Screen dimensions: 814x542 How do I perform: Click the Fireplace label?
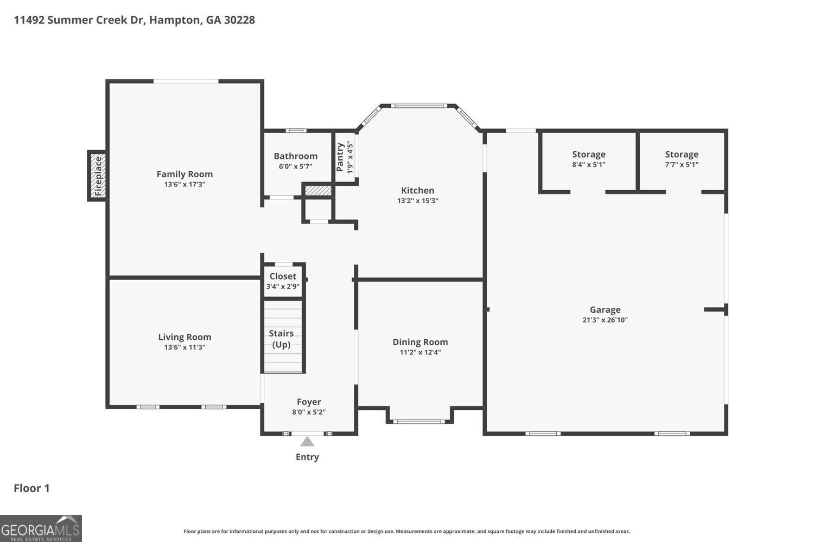coord(98,177)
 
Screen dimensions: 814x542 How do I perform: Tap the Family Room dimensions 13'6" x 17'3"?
coord(185,184)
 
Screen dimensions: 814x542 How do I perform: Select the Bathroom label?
coord(295,156)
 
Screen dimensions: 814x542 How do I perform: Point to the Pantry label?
coord(340,157)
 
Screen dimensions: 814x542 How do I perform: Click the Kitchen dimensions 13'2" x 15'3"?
coord(417,201)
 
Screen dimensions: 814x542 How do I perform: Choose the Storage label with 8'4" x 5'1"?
coord(589,154)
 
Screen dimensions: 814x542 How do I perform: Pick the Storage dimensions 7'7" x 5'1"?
coord(682,164)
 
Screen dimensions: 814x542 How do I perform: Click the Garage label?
coord(605,309)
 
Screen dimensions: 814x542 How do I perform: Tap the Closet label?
coord(283,276)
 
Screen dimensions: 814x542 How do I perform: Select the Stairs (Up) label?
coord(281,339)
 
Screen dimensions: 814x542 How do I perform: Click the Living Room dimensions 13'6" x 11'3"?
coord(185,347)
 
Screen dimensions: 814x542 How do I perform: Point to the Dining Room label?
coord(420,342)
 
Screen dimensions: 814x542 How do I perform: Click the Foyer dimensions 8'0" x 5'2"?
coord(309,412)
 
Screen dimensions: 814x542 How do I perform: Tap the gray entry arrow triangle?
coord(307,441)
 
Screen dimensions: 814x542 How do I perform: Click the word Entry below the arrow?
coord(307,457)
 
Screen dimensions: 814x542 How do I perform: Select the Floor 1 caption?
coord(31,488)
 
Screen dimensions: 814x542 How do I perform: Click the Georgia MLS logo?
coord(41,528)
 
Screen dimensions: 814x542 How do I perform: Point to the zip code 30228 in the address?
coord(239,20)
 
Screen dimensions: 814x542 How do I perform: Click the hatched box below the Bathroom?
coord(318,191)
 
